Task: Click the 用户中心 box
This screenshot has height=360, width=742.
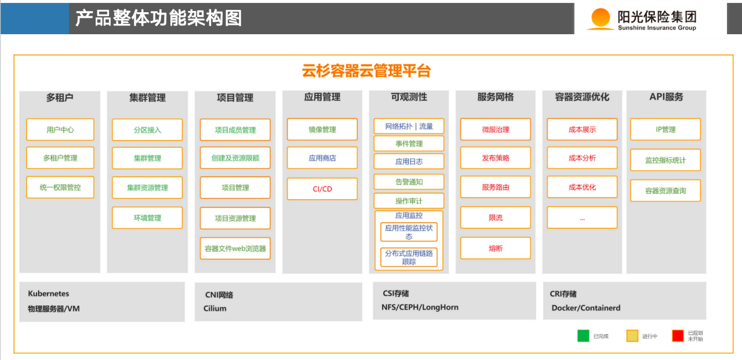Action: (x=60, y=129)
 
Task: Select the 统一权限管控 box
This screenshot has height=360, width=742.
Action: (x=60, y=187)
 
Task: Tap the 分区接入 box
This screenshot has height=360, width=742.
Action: (x=147, y=130)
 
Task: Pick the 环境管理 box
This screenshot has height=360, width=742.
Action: (x=147, y=218)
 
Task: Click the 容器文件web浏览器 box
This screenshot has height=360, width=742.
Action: (x=235, y=248)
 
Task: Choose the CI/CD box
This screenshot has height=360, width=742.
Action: (x=322, y=189)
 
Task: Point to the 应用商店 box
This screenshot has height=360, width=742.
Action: (x=322, y=158)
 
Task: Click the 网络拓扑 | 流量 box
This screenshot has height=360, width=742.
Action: (x=409, y=126)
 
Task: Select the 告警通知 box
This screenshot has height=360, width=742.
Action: (x=409, y=182)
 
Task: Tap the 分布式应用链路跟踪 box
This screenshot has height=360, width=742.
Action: (x=409, y=257)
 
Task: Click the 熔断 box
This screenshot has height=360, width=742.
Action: (x=496, y=248)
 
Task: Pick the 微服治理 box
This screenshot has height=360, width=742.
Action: (x=496, y=129)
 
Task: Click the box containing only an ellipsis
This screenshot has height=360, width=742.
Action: (x=582, y=217)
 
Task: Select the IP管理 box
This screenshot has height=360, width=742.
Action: (x=665, y=129)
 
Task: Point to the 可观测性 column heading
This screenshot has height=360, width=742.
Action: (x=409, y=97)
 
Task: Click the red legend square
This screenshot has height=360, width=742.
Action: (x=678, y=336)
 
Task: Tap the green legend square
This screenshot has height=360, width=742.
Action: (x=583, y=336)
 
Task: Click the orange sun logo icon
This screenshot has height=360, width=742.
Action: (x=601, y=18)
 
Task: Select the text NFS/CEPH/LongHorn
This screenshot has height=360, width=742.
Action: (x=420, y=307)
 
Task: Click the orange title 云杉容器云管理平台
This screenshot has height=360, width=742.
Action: (x=366, y=71)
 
